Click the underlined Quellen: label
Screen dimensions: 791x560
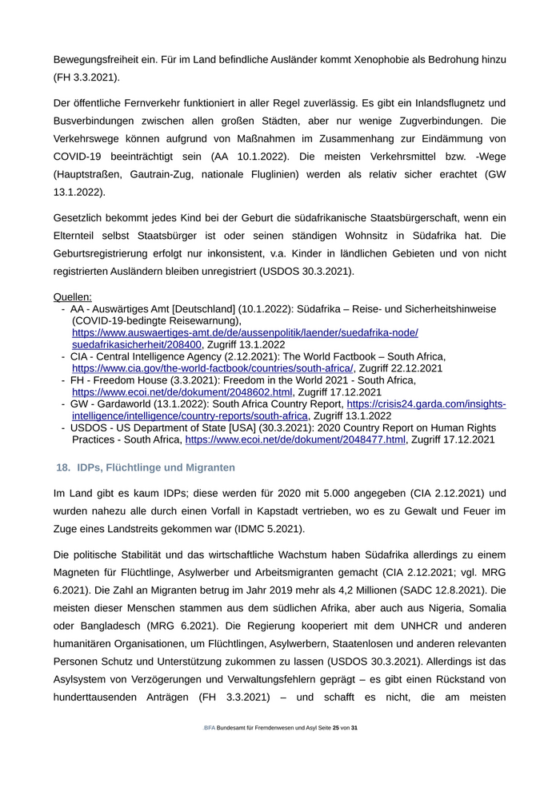73,297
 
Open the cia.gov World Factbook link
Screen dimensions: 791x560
212,368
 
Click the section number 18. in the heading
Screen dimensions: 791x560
62,467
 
